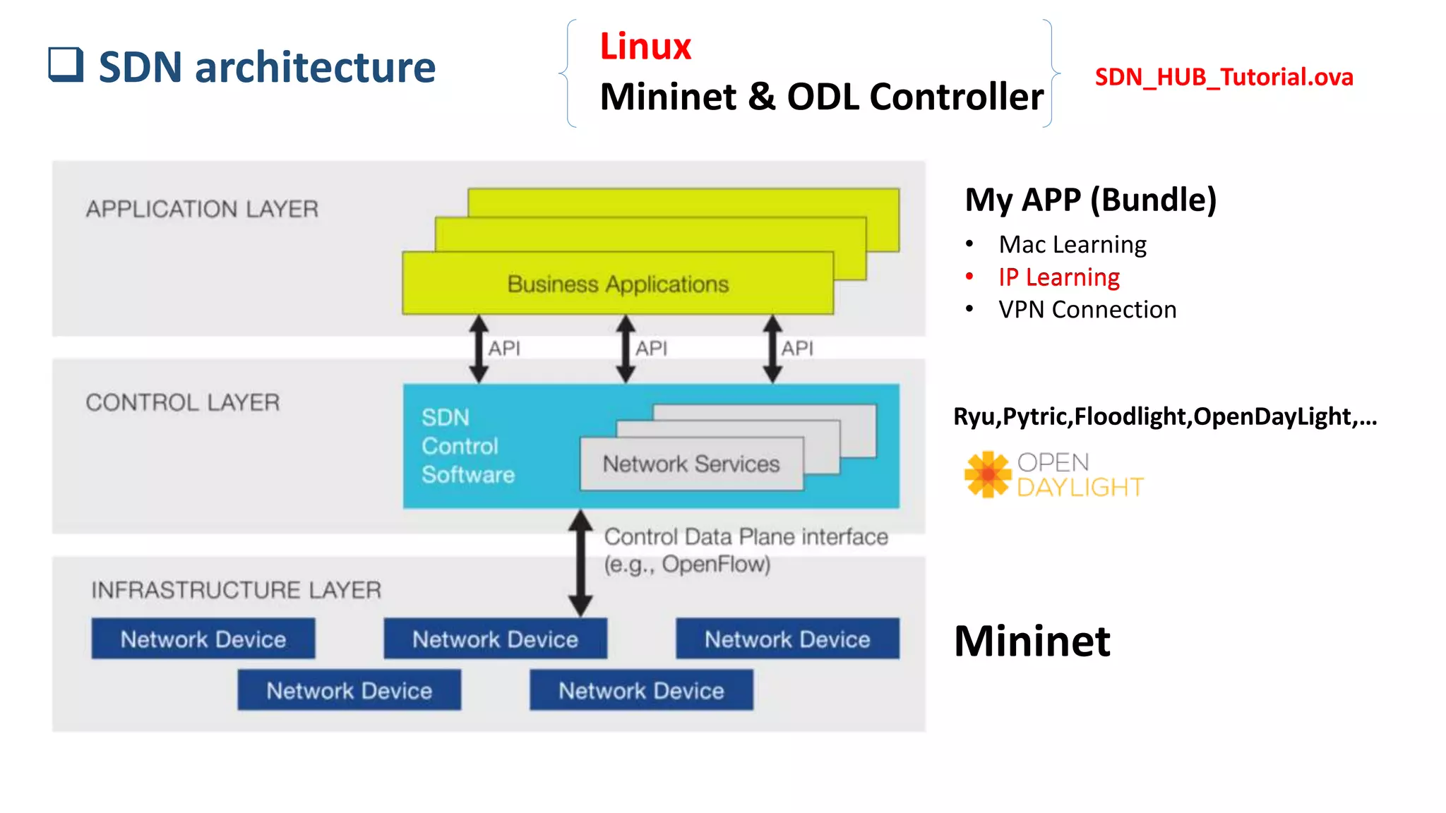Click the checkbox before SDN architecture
pos(66,64)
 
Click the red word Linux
pos(645,47)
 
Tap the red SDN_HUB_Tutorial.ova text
pos(1224,77)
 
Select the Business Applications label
pos(618,284)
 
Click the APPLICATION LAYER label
pos(202,209)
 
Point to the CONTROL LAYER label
pos(182,402)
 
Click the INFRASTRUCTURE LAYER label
pos(236,590)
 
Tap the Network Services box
pos(691,464)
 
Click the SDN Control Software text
pos(467,446)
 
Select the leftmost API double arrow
pos(479,349)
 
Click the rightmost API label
pos(797,348)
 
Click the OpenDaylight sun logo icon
pos(987,474)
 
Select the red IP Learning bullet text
pos(1058,277)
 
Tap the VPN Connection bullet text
pos(1087,310)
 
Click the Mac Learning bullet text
pos(1072,245)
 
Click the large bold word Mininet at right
pos(1032,641)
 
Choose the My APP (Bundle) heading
pos(1090,200)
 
